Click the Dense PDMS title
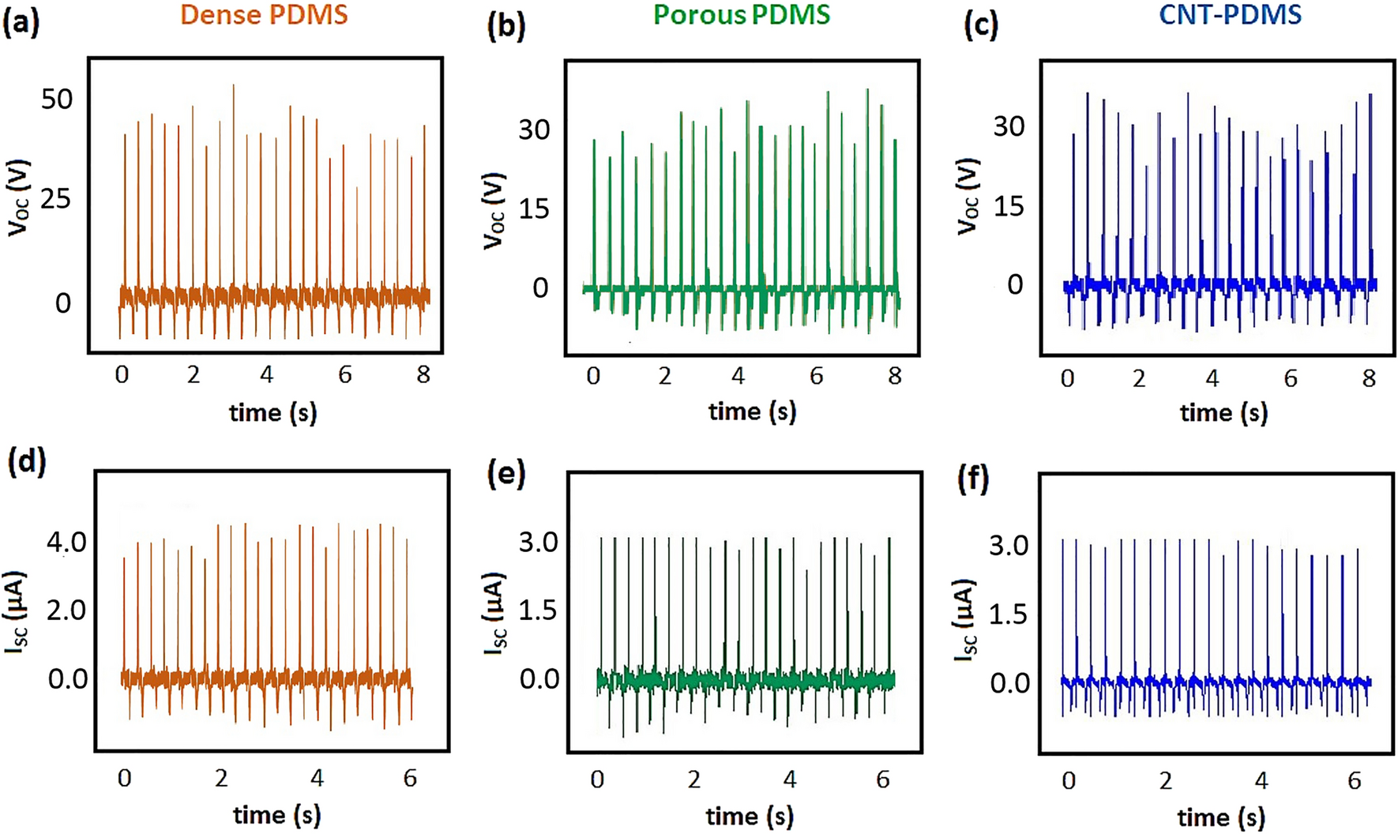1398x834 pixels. click(264, 14)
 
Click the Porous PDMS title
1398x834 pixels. click(742, 14)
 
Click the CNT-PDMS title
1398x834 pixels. click(1230, 14)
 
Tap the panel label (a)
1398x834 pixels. click(21, 24)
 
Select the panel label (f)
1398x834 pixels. click(973, 479)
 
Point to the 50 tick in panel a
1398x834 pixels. click(57, 100)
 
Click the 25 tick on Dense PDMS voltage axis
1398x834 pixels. click(56, 198)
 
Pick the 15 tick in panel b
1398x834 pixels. click(534, 209)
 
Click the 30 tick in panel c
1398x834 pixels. click(1009, 126)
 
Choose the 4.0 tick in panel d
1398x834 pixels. click(66, 542)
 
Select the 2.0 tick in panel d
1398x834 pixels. click(66, 610)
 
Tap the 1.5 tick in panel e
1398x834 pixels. click(539, 610)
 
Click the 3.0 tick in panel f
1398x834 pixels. click(1009, 545)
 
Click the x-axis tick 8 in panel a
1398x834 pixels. click(423, 374)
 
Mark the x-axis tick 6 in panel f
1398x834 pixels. click(1355, 780)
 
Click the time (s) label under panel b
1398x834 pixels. click(752, 411)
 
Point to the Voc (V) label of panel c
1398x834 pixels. click(968, 197)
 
